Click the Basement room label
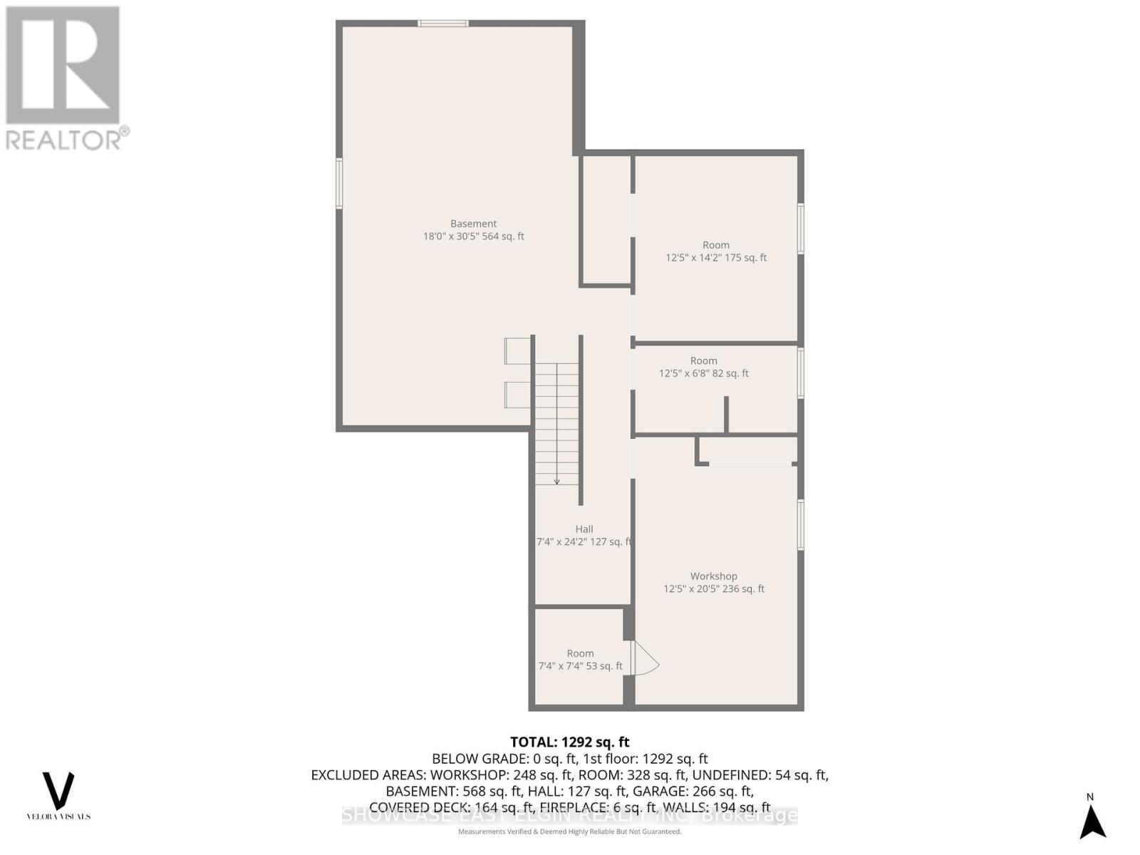[473, 224]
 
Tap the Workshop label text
[713, 576]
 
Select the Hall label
[584, 529]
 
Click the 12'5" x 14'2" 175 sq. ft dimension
[715, 258]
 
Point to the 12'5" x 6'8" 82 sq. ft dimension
[703, 373]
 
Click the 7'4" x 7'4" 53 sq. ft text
[580, 666]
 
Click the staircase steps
[557, 420]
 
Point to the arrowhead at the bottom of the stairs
[557, 482]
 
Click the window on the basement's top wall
[443, 24]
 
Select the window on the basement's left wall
[339, 183]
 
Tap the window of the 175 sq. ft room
[801, 229]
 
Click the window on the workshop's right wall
[801, 525]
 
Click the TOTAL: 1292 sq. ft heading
[569, 742]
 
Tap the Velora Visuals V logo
[58, 790]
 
